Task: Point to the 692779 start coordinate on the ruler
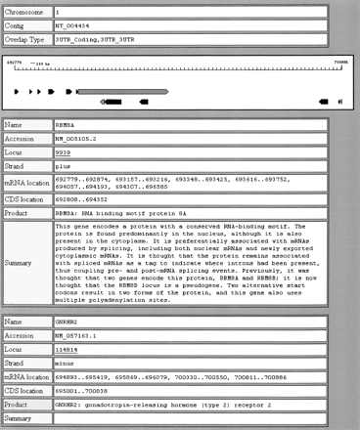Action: tap(16, 61)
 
